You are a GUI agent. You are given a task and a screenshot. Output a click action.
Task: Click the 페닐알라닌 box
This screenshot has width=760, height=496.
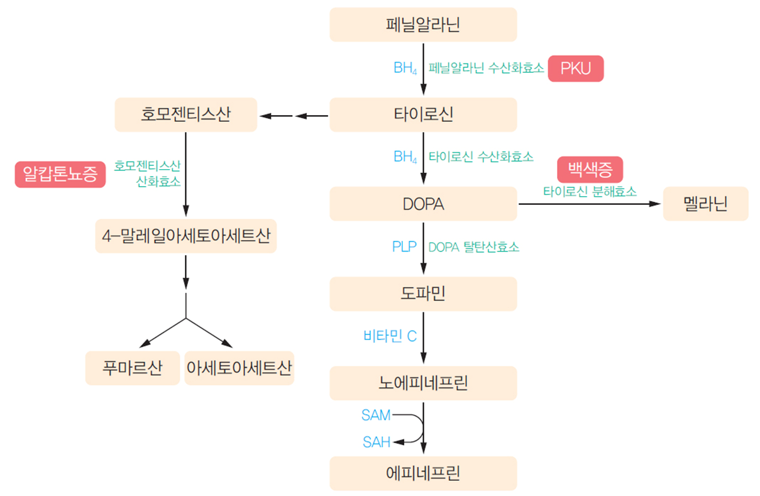[423, 25]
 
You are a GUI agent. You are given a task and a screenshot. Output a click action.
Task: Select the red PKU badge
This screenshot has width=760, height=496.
[575, 68]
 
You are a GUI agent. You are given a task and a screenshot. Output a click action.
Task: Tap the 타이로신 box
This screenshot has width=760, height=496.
[423, 115]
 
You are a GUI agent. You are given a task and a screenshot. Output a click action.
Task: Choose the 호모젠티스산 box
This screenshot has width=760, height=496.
[186, 115]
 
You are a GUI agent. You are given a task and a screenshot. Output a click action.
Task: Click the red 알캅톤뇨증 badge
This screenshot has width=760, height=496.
[60, 174]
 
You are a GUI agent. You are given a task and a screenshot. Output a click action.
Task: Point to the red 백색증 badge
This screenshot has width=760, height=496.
[590, 169]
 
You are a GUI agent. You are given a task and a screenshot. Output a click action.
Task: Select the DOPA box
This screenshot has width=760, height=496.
[423, 204]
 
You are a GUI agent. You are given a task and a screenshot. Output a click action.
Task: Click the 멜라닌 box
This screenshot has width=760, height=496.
[705, 204]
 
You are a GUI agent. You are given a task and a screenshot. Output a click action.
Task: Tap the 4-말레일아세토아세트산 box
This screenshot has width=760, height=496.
[186, 236]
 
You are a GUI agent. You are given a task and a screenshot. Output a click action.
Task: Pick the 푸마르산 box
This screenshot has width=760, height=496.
[133, 368]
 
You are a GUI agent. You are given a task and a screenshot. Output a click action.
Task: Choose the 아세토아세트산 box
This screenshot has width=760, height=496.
[240, 368]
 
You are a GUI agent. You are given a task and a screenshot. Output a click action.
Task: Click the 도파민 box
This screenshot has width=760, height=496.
[423, 294]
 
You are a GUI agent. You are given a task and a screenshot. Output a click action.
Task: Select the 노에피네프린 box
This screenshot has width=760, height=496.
[423, 383]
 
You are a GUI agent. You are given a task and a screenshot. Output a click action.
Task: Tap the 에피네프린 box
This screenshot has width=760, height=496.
[423, 473]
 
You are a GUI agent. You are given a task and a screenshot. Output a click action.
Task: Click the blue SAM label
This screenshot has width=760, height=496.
[376, 415]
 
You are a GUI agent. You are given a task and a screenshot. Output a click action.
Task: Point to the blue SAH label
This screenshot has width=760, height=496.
[377, 443]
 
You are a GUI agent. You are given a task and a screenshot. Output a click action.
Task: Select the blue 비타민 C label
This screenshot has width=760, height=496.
[390, 336]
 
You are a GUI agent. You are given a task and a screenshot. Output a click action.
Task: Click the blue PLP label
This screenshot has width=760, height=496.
[404, 247]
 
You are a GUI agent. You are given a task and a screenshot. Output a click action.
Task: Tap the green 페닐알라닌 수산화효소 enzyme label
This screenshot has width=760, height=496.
[486, 68]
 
